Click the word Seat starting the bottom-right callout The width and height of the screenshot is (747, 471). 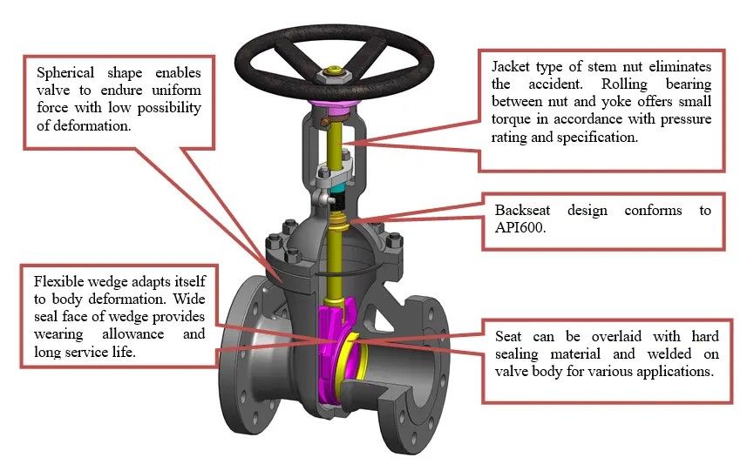pos(509,336)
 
